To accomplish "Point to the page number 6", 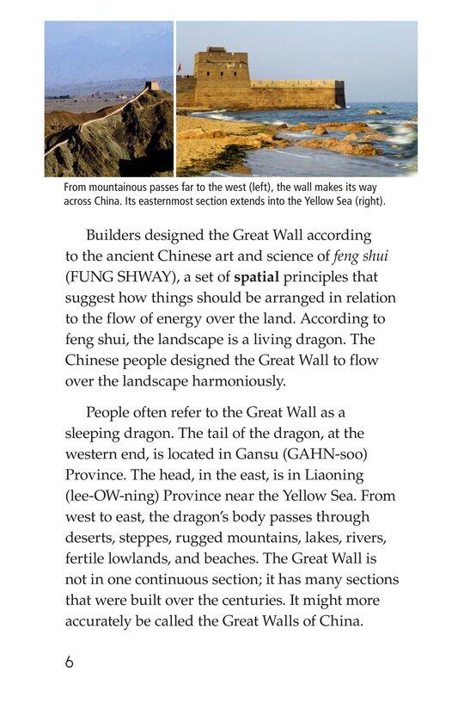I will click(x=69, y=662).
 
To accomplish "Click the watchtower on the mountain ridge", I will click(x=152, y=85).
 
